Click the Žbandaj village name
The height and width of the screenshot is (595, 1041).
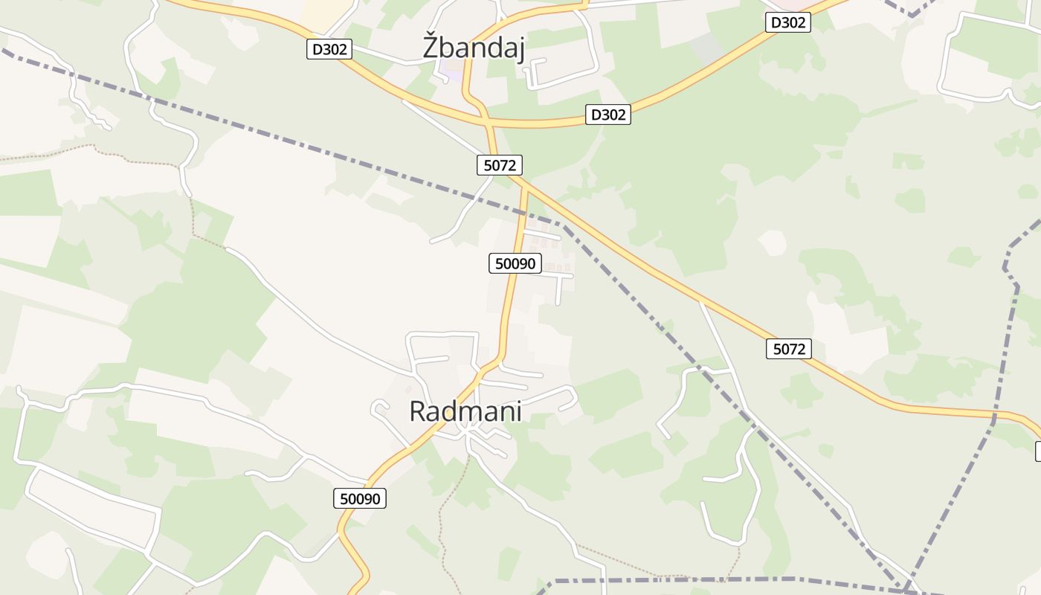pos(474,48)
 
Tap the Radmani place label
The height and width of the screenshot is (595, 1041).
pos(465,411)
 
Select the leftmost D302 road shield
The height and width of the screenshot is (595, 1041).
pos(329,50)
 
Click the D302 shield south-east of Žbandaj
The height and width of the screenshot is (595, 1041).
pos(608,115)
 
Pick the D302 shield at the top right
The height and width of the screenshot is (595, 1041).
pos(787,22)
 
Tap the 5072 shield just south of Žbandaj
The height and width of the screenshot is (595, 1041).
pos(500,165)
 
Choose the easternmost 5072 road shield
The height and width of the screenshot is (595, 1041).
pos(788,348)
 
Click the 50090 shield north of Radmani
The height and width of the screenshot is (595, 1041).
pos(515,263)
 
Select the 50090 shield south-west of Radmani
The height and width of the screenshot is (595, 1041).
pos(360,498)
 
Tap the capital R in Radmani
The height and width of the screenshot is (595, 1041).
pos(419,411)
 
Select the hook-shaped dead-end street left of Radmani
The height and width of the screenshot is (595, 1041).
pos(379,408)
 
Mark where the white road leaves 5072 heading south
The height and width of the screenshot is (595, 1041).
pos(700,302)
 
